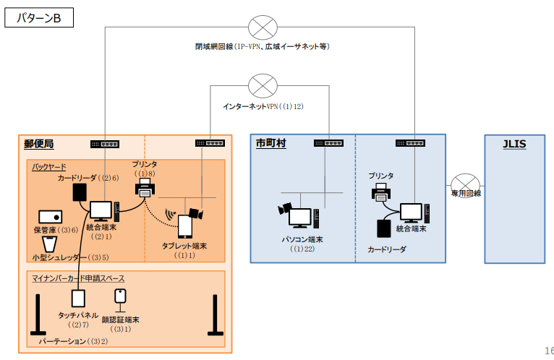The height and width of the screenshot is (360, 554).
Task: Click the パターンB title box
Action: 39,17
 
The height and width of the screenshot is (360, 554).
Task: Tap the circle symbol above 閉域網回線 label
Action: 263,27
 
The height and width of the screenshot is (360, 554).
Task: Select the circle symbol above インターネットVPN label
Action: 263,86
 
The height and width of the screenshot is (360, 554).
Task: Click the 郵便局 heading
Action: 39,144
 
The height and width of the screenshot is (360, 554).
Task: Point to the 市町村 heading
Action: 270,143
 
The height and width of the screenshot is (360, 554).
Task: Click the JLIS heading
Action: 514,144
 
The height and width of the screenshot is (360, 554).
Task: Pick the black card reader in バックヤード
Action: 80,192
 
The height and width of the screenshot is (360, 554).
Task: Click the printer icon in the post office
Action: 145,188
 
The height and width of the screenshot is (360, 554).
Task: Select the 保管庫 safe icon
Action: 50,217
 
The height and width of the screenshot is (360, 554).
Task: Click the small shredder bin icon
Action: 49,244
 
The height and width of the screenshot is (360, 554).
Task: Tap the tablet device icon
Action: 184,226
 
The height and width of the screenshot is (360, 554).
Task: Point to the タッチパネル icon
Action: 78,299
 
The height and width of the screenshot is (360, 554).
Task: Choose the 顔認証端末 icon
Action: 121,300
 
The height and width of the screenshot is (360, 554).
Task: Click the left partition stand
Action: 38,314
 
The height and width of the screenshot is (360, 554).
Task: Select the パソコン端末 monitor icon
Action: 300,218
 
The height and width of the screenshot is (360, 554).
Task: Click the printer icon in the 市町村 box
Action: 381,192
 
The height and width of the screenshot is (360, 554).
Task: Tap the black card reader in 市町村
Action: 384,228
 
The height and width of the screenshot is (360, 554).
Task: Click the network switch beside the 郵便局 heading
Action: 105,144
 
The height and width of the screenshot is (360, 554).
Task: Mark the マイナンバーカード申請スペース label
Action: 78,278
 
